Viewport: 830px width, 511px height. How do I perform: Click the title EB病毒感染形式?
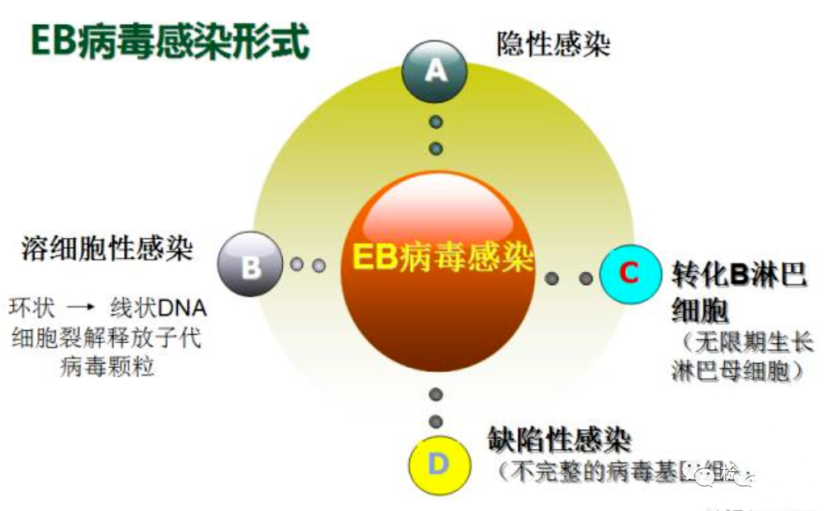[x=169, y=41]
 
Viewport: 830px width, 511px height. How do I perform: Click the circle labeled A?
[x=435, y=71]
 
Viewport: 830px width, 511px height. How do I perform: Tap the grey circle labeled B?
[x=250, y=266]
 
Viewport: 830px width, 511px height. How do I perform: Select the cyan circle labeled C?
[x=630, y=275]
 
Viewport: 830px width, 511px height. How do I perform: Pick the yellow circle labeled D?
[x=438, y=465]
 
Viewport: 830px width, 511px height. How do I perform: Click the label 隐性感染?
[x=553, y=43]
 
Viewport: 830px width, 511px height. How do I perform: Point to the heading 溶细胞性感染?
[x=107, y=249]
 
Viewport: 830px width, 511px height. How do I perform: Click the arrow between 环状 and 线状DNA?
[x=82, y=309]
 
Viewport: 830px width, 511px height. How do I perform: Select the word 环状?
[x=33, y=308]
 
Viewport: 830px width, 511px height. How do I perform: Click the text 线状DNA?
[x=157, y=308]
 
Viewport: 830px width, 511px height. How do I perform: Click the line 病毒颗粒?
[x=107, y=366]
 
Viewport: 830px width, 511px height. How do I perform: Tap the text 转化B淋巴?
[x=738, y=275]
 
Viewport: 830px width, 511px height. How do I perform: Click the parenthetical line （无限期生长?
[x=744, y=341]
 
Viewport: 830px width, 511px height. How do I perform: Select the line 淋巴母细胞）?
[x=738, y=371]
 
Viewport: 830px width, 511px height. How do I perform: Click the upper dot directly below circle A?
[x=436, y=122]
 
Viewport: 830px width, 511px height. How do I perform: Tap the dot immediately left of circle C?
[x=585, y=279]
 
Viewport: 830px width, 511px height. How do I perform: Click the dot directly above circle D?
[x=436, y=422]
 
